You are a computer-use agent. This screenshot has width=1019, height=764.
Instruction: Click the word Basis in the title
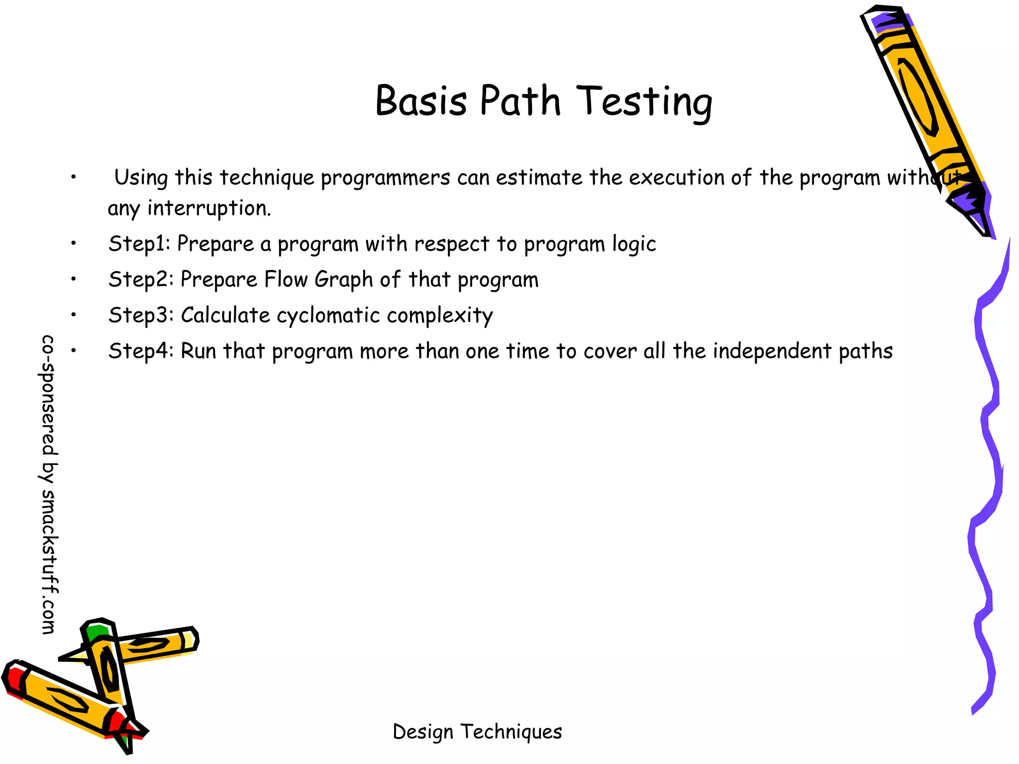pyautogui.click(x=421, y=101)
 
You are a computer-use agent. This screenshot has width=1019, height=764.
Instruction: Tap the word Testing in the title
pyautogui.click(x=645, y=102)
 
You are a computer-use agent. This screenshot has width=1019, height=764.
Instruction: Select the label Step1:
pyautogui.click(x=139, y=244)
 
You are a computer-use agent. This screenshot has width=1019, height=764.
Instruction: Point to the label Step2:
pyautogui.click(x=141, y=280)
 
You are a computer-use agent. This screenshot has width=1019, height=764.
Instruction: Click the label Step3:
pyautogui.click(x=141, y=315)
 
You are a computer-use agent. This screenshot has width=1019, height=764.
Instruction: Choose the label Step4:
pyautogui.click(x=141, y=351)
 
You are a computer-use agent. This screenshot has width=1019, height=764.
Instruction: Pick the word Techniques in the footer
pyautogui.click(x=511, y=732)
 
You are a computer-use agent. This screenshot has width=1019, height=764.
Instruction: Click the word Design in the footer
pyautogui.click(x=423, y=732)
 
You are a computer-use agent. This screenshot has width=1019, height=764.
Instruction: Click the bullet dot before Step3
pyautogui.click(x=73, y=315)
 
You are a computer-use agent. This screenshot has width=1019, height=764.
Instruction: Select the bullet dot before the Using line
pyautogui.click(x=73, y=177)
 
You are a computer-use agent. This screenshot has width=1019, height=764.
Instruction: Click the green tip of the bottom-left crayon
pyautogui.click(x=96, y=633)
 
